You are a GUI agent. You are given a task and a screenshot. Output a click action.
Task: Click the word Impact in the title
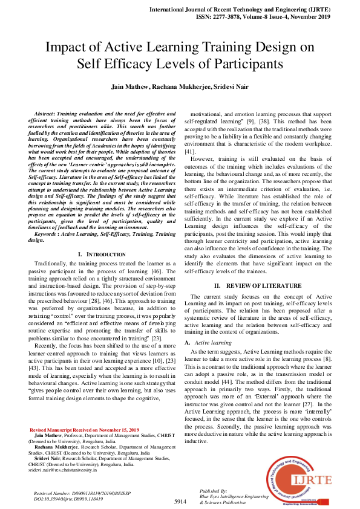(68, 47)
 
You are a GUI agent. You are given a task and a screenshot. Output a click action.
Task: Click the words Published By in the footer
(213, 491)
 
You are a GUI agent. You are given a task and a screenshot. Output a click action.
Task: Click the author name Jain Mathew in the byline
(129, 87)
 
